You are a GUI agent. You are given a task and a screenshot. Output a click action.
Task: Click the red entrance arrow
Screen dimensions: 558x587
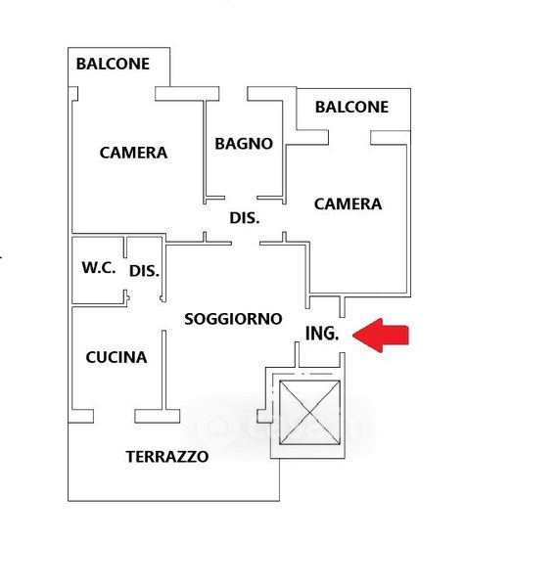pyautogui.click(x=380, y=335)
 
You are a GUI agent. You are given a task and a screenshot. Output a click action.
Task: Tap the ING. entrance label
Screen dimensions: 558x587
pyautogui.click(x=322, y=334)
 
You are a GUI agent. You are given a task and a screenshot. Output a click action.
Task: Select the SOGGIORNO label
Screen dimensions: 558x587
pyautogui.click(x=233, y=319)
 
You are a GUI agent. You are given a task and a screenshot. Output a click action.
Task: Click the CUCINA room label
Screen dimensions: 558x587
pyautogui.click(x=116, y=357)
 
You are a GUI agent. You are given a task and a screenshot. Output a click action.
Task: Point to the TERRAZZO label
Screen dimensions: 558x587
pyautogui.click(x=167, y=456)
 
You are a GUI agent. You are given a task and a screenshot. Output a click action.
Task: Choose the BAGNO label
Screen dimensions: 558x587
pyautogui.click(x=244, y=144)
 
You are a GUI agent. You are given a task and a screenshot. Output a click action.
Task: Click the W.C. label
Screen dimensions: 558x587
pyautogui.click(x=99, y=267)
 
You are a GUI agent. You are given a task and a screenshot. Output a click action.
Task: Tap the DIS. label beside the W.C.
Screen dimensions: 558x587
pyautogui.click(x=144, y=271)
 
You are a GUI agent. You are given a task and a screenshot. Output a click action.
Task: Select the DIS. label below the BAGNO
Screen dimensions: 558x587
pyautogui.click(x=245, y=217)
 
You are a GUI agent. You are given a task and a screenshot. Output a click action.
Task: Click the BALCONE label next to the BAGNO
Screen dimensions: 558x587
pyautogui.click(x=351, y=107)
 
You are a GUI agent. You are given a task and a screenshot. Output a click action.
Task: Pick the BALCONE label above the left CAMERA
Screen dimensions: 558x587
pyautogui.click(x=113, y=64)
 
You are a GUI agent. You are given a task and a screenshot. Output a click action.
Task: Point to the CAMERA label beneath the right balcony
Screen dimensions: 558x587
pyautogui.click(x=348, y=204)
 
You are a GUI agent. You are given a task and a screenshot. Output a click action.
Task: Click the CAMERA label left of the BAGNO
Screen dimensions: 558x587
pyautogui.click(x=133, y=153)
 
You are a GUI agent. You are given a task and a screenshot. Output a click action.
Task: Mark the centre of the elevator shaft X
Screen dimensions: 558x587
pyautogui.click(x=310, y=413)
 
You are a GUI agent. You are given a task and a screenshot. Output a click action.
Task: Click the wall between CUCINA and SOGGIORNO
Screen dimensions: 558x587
pyautogui.click(x=163, y=370)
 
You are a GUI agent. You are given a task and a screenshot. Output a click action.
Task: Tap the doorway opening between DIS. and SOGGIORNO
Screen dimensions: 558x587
pyautogui.click(x=246, y=244)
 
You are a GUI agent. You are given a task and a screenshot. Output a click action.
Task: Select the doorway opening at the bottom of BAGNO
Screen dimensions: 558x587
pyautogui.click(x=241, y=198)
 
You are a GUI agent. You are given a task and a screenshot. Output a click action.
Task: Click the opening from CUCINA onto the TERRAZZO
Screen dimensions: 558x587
pyautogui.click(x=114, y=417)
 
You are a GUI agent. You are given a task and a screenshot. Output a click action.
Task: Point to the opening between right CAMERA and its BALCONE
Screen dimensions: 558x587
pyautogui.click(x=349, y=137)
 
